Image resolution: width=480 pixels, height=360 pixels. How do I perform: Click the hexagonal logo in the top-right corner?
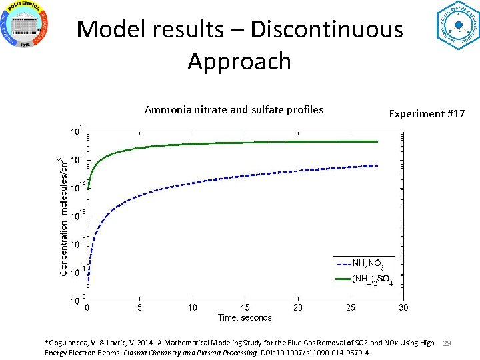(458, 25)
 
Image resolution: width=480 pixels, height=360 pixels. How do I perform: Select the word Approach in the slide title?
(239, 61)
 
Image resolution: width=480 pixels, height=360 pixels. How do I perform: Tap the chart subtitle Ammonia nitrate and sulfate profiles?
(234, 109)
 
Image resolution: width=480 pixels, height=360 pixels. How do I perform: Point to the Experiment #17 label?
(427, 113)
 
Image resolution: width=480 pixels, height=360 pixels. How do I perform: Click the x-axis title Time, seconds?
(245, 317)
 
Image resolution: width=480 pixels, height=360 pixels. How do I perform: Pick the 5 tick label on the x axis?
(139, 307)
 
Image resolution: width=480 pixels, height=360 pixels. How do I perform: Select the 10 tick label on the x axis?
(193, 307)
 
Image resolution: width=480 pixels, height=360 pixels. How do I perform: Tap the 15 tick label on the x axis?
(245, 307)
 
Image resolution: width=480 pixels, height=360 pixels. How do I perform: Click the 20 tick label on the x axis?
(298, 307)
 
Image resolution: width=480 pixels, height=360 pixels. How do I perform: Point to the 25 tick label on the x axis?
(351, 307)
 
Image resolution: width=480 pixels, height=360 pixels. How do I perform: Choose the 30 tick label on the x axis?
(403, 307)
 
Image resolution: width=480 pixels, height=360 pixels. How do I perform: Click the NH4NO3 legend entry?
(367, 264)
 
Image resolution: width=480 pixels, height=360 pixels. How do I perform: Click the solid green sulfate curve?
(233, 143)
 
